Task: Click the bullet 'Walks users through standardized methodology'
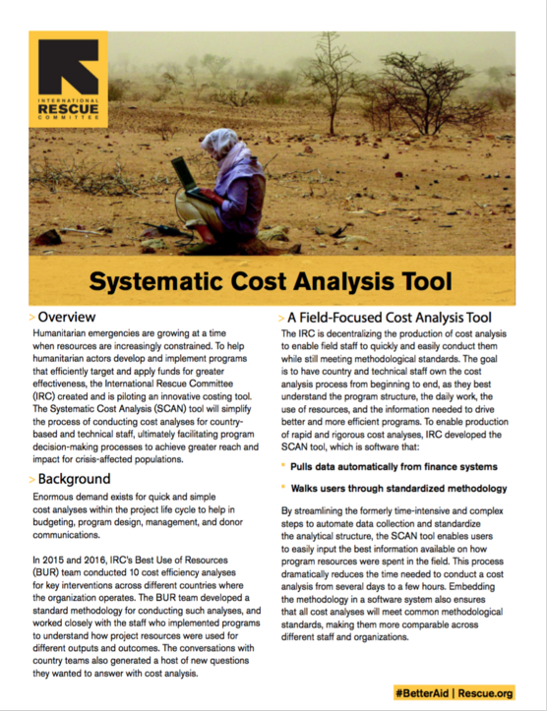pos(398,489)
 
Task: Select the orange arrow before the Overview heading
pos(32,318)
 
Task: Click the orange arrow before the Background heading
pos(32,479)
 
